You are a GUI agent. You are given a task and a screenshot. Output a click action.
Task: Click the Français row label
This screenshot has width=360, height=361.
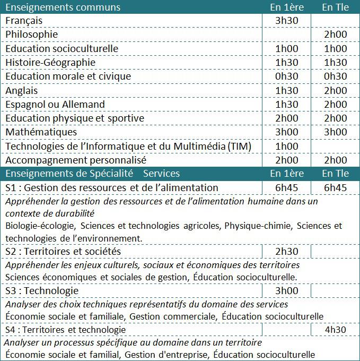click(x=31, y=21)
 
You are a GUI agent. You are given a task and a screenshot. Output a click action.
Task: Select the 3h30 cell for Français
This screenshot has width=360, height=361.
click(x=287, y=21)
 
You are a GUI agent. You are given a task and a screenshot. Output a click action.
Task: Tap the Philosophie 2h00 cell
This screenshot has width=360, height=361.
click(x=335, y=35)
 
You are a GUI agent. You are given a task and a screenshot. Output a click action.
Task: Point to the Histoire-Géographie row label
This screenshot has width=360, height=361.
click(x=51, y=62)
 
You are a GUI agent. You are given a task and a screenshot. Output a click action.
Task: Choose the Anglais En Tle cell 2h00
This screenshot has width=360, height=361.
click(x=335, y=90)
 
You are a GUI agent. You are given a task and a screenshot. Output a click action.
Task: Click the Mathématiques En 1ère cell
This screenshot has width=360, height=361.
click(x=287, y=132)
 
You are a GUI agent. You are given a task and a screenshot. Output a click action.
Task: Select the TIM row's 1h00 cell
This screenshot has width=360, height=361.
click(x=287, y=146)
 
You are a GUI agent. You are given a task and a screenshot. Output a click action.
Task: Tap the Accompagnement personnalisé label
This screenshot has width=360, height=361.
click(x=76, y=160)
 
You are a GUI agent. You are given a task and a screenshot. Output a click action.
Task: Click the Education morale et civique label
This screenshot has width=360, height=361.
click(x=68, y=76)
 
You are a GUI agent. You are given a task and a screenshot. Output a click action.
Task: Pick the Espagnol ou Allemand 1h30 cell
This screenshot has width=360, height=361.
click(x=287, y=104)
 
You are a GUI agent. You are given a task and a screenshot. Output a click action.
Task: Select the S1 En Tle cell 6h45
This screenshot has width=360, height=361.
click(x=335, y=187)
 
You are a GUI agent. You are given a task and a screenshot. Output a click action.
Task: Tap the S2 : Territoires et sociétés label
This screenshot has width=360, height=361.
click(x=63, y=251)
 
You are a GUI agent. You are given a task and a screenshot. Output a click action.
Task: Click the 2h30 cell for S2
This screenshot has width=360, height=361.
click(x=287, y=251)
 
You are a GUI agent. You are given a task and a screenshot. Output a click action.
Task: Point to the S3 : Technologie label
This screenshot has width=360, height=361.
click(x=42, y=291)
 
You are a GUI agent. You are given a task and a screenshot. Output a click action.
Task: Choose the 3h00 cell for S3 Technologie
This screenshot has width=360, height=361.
click(x=287, y=291)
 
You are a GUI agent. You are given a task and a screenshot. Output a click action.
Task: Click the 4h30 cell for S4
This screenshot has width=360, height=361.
click(x=335, y=330)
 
